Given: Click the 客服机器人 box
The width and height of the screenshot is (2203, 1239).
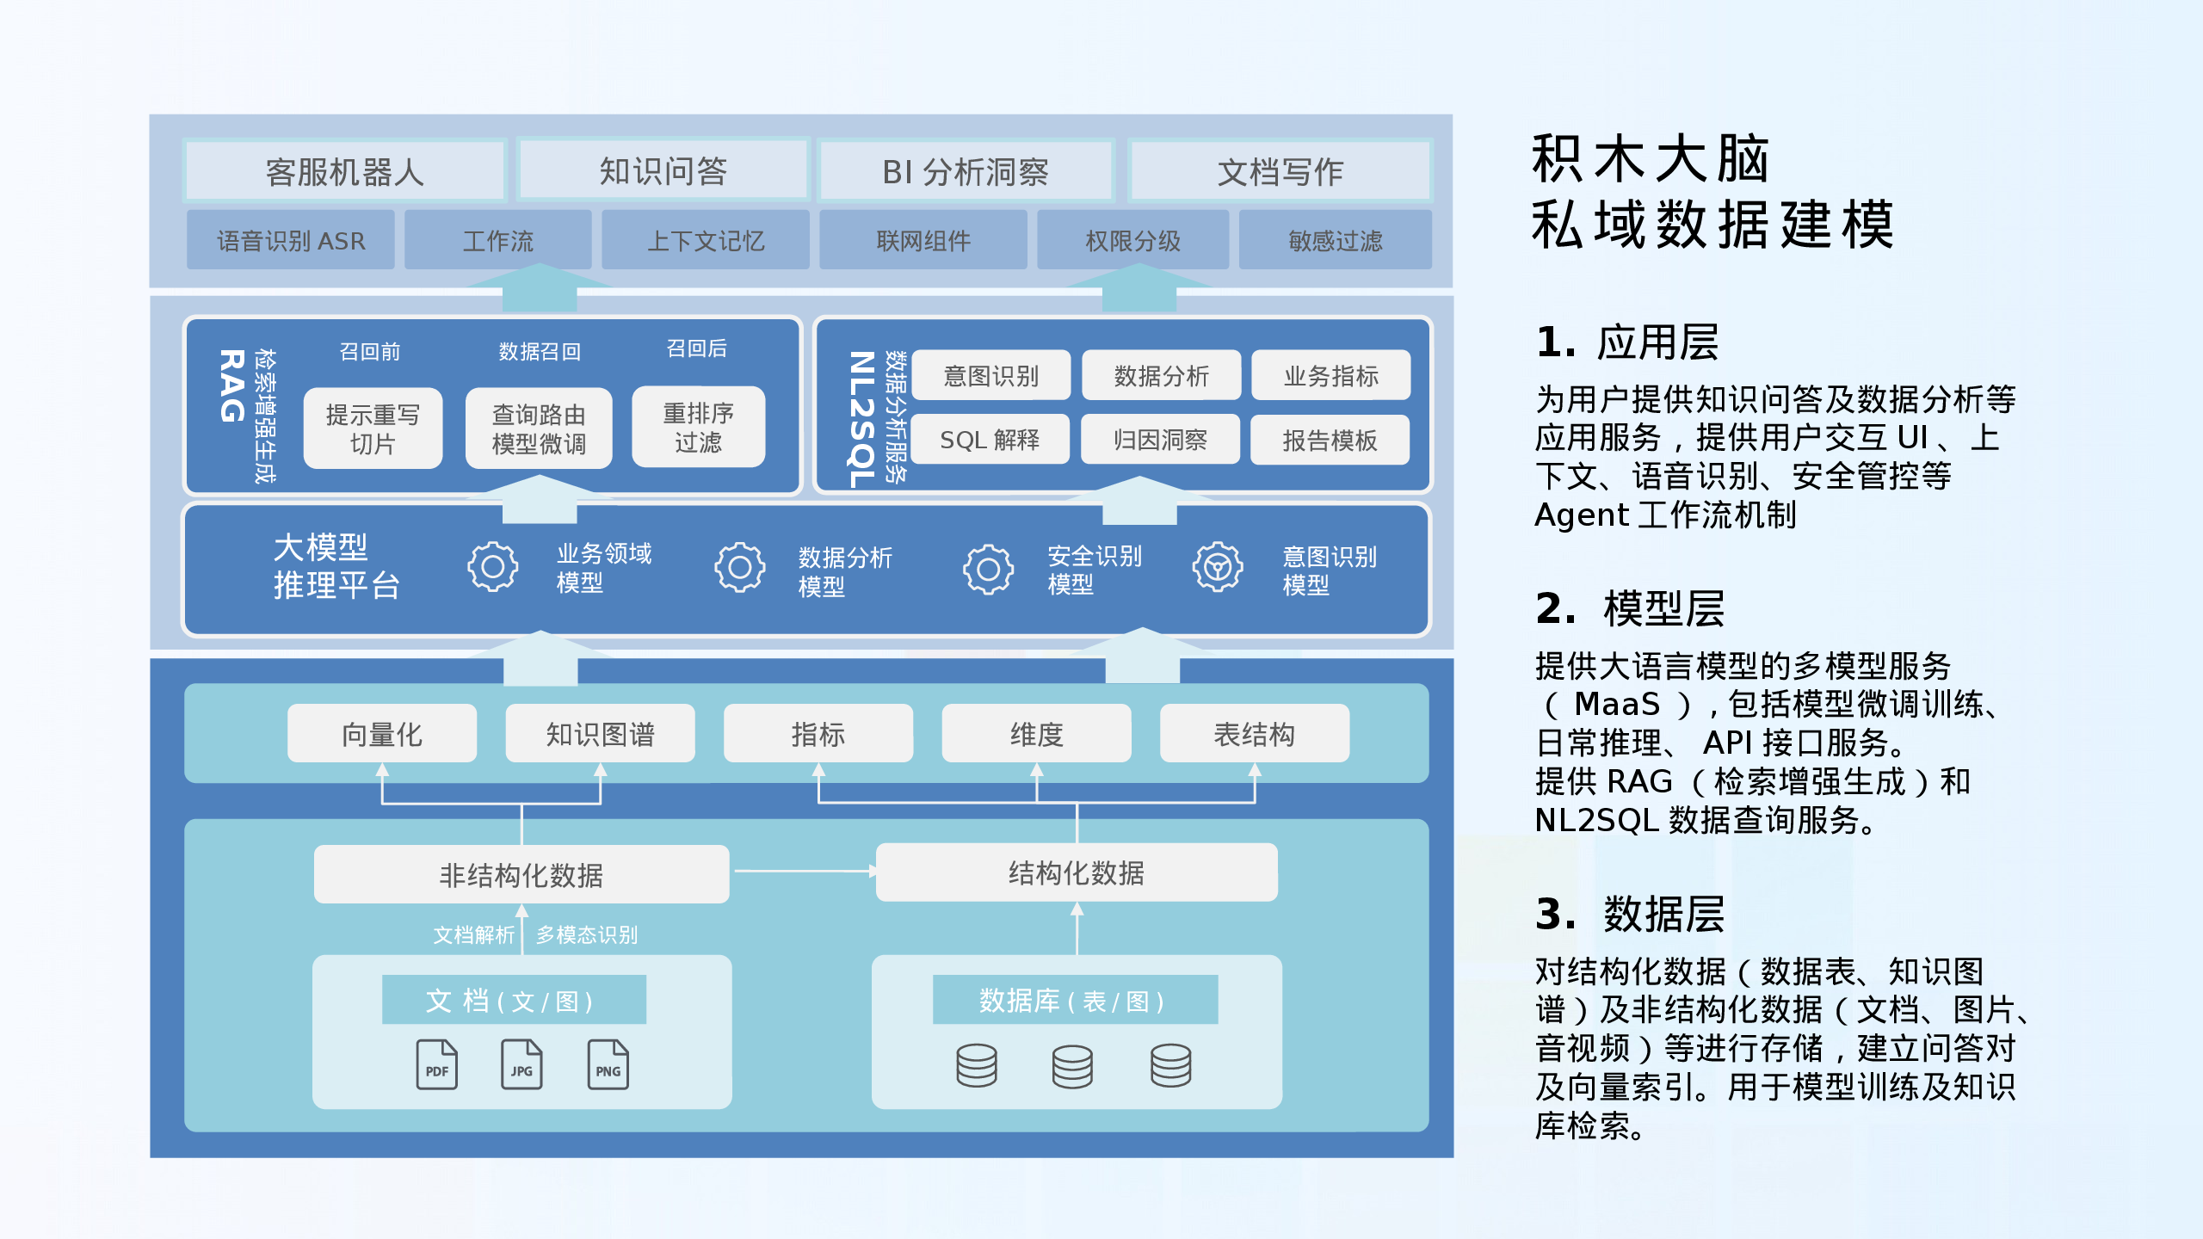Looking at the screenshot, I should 344,172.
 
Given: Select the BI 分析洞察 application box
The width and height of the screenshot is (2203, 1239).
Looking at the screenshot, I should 966,172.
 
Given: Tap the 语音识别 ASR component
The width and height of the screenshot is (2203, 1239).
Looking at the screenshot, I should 291,241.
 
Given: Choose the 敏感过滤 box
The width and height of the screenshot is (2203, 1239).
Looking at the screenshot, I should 1335,241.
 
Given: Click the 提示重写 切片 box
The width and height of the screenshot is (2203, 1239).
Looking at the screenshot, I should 373,428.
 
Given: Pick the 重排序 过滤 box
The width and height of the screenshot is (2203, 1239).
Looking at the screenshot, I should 698,428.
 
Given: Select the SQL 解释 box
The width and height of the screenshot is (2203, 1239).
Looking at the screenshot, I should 990,440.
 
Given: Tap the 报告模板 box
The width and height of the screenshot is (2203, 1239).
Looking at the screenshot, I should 1330,440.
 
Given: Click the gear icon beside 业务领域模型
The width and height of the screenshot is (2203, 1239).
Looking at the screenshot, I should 492,566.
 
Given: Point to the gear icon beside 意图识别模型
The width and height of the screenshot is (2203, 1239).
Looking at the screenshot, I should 1217,566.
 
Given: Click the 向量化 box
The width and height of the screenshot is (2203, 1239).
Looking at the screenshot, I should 382,734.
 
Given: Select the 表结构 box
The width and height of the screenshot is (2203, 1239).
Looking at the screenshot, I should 1254,734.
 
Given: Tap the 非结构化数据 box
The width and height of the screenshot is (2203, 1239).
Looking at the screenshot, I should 521,874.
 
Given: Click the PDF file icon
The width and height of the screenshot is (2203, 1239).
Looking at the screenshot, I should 436,1064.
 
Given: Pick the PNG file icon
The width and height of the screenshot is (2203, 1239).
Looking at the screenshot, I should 608,1064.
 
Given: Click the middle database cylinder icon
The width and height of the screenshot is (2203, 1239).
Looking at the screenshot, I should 1072,1066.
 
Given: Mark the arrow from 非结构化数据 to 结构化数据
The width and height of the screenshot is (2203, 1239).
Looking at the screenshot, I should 803,872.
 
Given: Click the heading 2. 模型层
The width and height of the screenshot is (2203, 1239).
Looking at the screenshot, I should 1630,608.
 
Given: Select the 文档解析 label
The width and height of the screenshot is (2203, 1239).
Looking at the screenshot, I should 473,934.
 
